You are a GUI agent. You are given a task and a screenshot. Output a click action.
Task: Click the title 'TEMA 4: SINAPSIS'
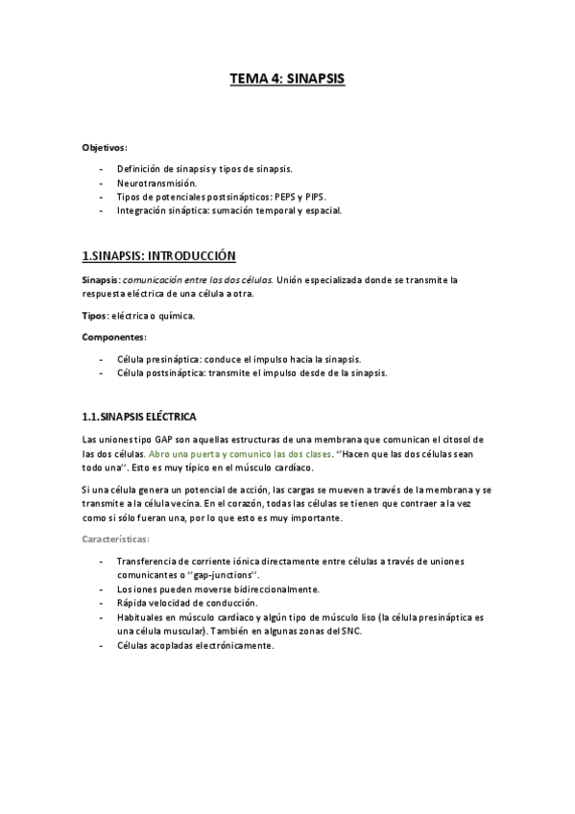[287, 80]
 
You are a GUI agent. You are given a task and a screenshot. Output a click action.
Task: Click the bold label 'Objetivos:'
[105, 148]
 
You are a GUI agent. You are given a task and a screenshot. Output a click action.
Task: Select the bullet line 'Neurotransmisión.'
[156, 182]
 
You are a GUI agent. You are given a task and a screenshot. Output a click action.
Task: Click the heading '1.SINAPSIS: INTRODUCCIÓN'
[158, 256]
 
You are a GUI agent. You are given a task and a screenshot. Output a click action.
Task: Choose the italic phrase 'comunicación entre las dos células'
[192, 279]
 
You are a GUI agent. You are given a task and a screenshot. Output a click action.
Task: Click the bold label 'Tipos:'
[95, 315]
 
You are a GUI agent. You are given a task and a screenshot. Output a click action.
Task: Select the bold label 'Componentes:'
[113, 337]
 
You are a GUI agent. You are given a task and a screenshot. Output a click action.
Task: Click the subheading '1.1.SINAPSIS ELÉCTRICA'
[139, 417]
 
